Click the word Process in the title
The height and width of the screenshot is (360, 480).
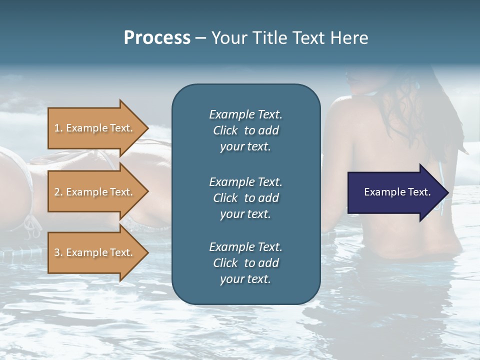pos(157,38)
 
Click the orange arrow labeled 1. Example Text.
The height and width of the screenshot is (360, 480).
pos(95,128)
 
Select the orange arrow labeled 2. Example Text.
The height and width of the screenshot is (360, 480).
pos(95,192)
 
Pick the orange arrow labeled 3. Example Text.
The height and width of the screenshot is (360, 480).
pos(95,252)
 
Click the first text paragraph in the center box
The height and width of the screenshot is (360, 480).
pos(245,130)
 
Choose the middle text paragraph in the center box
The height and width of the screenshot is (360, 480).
pos(245,198)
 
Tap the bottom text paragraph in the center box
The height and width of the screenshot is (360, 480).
pos(245,263)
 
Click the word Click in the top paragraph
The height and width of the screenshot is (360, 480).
pos(225,130)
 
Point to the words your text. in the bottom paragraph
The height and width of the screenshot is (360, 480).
pos(245,279)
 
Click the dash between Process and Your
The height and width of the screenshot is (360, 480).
pos(200,38)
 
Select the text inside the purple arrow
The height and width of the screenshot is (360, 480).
pos(397,192)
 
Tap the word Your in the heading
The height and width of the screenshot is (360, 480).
pos(229,38)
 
